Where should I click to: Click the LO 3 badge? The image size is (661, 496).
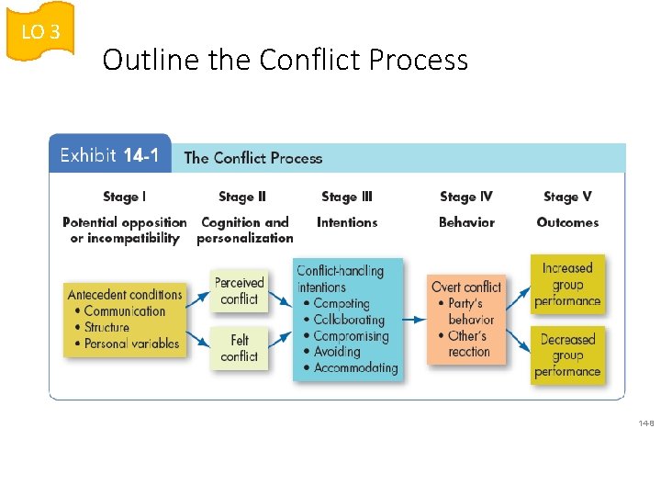click(40, 32)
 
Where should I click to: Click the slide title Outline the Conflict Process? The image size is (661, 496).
click(285, 60)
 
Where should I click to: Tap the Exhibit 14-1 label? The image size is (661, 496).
click(109, 155)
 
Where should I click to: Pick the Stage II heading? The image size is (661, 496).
click(242, 197)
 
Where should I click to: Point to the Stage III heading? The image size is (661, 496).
click(347, 197)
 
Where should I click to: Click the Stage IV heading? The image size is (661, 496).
click(466, 197)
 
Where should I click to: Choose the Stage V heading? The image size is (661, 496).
click(567, 197)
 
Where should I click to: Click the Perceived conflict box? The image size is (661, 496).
click(240, 290)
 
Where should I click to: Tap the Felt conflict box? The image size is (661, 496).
click(240, 348)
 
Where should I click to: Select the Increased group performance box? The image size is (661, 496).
click(567, 284)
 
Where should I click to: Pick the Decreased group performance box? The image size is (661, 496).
click(567, 355)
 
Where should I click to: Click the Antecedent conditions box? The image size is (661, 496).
click(125, 319)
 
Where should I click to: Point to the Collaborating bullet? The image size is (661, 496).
click(349, 320)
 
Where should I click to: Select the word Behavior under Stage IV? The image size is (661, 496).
click(466, 222)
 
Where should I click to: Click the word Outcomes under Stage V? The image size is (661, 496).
click(567, 222)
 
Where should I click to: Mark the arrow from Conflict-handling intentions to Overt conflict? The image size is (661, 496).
click(413, 319)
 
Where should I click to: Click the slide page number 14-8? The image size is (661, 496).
click(646, 423)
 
